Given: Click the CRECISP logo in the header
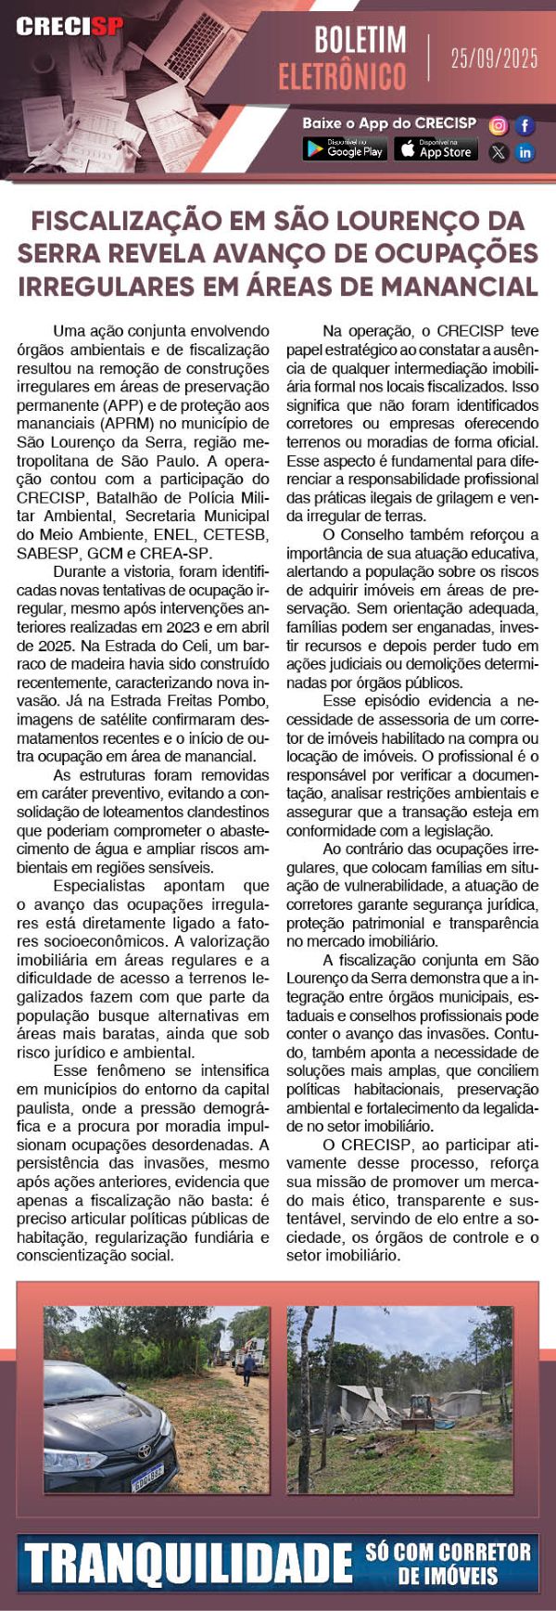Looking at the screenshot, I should (68, 27).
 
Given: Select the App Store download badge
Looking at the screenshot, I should (436, 149).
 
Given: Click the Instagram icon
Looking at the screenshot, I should (499, 125).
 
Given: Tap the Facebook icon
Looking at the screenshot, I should (525, 125).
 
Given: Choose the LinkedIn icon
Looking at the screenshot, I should (525, 153).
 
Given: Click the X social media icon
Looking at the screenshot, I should (499, 153).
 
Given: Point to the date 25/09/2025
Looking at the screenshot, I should (494, 58).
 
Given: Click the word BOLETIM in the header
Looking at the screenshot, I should (360, 40).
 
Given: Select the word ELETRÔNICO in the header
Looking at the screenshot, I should (342, 76).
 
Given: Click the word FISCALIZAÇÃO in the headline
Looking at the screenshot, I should (124, 221).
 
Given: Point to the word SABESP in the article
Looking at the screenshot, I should (44, 553).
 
